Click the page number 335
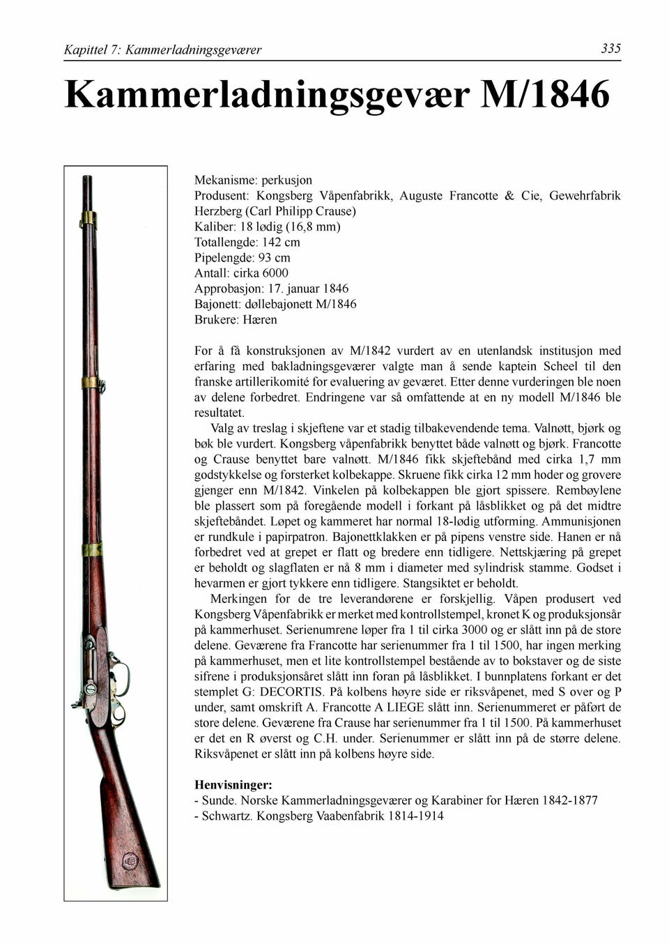[610, 48]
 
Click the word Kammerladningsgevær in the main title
[267, 95]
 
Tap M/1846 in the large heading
[545, 95]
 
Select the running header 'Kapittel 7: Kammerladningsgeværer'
[162, 49]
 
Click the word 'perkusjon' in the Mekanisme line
[286, 180]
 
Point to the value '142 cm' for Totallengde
[281, 242]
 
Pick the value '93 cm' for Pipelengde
[274, 257]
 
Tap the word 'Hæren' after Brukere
[259, 319]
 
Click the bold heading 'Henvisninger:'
[233, 785]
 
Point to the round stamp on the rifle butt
[130, 861]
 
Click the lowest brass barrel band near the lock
[92, 549]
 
